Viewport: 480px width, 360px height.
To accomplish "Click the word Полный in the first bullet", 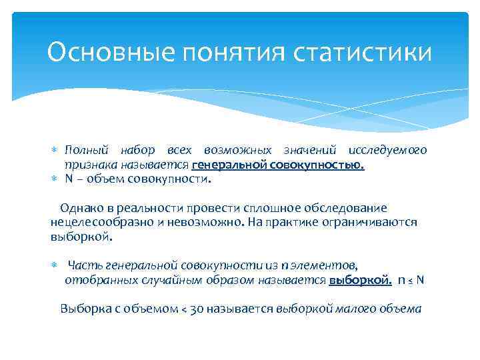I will point(83,150).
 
